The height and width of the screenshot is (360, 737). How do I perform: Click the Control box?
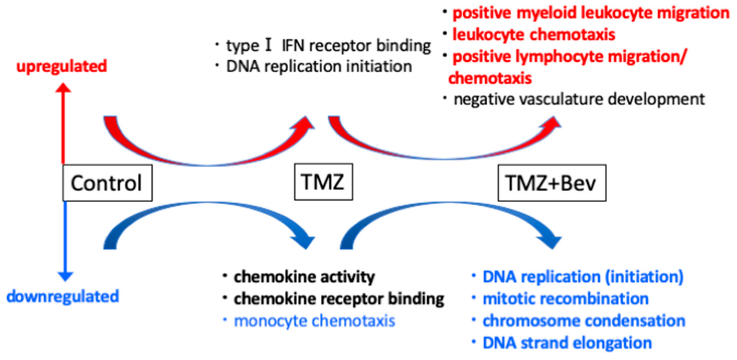[108, 183]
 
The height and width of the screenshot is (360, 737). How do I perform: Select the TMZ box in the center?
[324, 182]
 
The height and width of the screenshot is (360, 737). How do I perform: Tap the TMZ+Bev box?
[552, 183]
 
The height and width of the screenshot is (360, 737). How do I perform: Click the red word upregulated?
[62, 66]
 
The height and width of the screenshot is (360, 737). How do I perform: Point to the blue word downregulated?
[63, 296]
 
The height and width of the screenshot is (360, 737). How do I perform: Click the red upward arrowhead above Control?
[63, 88]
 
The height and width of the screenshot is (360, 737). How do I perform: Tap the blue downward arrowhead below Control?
[66, 276]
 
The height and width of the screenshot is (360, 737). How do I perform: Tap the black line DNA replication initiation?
[319, 67]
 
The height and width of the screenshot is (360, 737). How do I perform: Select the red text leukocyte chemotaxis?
[534, 35]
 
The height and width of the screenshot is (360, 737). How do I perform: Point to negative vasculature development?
[579, 99]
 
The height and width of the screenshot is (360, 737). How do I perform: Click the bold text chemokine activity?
[305, 277]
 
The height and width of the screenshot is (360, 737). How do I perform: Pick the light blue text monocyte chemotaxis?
[315, 321]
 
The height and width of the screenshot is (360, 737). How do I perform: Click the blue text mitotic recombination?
[566, 299]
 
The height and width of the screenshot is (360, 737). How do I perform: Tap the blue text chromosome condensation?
[584, 321]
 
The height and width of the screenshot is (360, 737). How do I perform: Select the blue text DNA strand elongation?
[567, 342]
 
